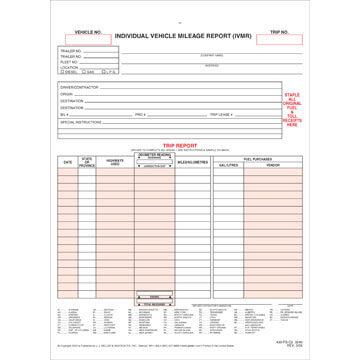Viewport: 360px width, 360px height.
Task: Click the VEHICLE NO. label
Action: [90, 31]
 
